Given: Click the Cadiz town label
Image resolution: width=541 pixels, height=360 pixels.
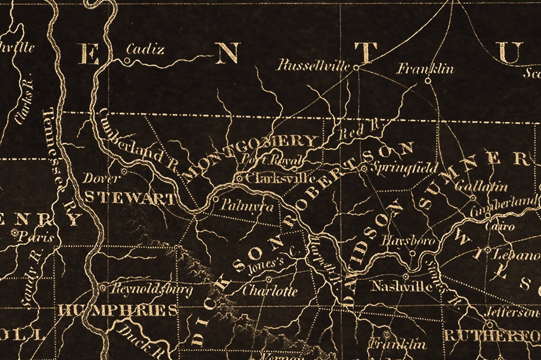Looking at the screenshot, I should pos(145,49).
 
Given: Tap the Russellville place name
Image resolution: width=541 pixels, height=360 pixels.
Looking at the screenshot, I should pos(313,65).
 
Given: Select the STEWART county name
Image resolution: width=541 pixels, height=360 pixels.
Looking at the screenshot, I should pos(129,198).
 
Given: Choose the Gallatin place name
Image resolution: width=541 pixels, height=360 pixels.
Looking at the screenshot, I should pos(474,187).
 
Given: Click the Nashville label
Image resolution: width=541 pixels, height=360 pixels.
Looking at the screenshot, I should pos(401,286).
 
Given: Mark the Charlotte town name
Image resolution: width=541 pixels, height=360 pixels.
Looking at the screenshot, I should pos(270,290).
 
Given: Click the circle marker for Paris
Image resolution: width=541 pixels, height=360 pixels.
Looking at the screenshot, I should pos(16,233).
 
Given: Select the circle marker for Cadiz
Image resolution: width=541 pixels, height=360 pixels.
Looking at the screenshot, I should pos(127,60).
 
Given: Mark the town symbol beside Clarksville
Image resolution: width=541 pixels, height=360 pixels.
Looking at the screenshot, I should pos(240,179).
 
